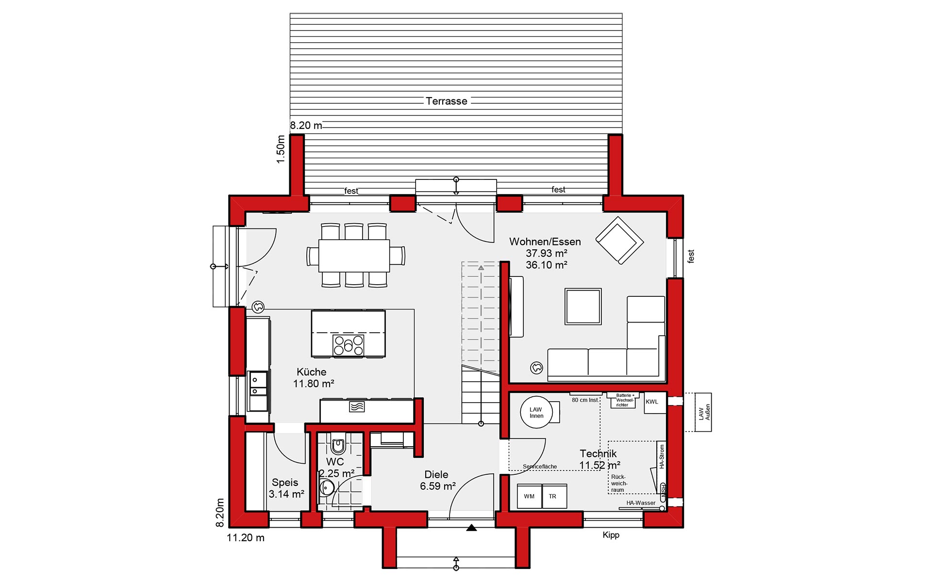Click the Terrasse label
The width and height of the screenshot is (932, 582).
[447, 101]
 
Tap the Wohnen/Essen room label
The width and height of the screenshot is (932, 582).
[545, 242]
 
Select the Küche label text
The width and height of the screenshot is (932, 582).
[311, 372]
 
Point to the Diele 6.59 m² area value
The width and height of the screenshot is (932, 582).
[437, 486]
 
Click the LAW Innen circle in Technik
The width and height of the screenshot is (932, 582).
[536, 412]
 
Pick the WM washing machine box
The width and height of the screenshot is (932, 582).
[529, 496]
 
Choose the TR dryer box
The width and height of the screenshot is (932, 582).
[554, 496]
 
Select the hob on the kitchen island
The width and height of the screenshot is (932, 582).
[349, 345]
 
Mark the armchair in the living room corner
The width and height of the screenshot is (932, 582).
[620, 240]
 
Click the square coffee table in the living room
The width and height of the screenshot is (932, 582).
[583, 306]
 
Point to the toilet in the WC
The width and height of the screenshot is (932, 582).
[338, 445]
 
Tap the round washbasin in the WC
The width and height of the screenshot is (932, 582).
[326, 487]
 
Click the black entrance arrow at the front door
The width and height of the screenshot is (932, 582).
[471, 528]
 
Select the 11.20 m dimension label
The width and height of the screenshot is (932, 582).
[246, 537]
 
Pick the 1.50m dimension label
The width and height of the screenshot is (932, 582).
[280, 149]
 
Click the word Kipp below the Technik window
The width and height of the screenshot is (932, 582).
[611, 535]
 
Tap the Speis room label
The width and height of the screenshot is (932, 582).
[285, 483]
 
